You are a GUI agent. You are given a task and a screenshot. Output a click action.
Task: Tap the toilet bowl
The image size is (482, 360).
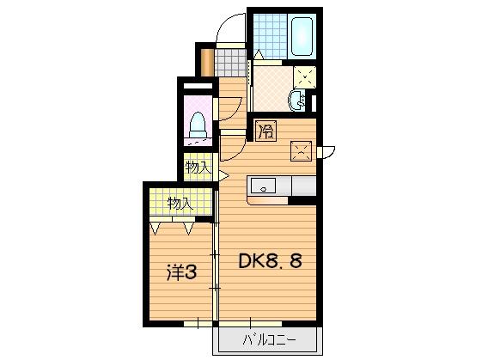click(x=197, y=124)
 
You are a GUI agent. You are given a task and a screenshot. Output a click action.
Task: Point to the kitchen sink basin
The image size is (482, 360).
click(x=262, y=185)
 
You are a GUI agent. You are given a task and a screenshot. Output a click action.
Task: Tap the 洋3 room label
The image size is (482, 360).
click(x=182, y=273)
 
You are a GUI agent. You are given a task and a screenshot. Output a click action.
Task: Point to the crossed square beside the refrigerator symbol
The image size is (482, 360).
click(x=301, y=151)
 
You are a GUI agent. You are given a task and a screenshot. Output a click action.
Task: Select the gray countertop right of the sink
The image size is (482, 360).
click(x=303, y=185)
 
